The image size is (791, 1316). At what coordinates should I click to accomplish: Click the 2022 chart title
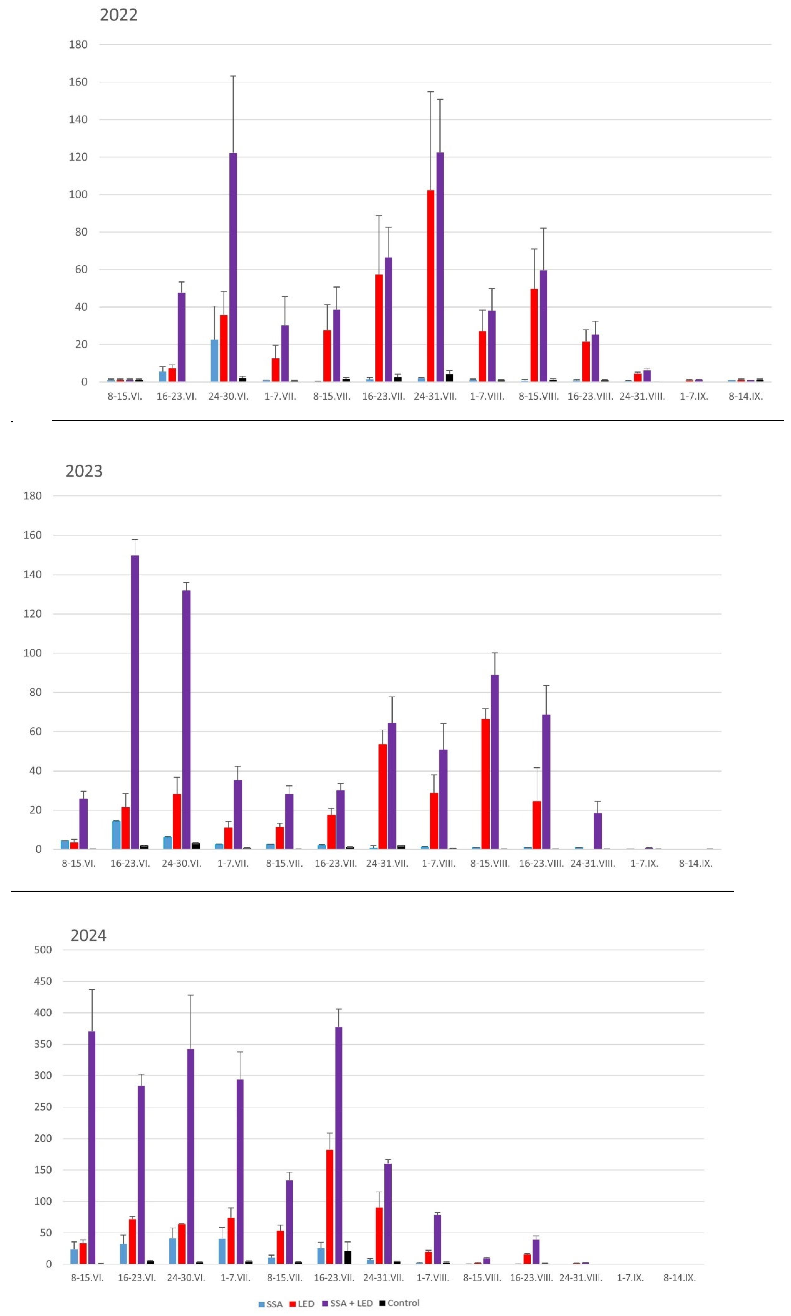(x=118, y=15)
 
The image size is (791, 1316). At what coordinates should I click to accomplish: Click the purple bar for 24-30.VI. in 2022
(x=233, y=267)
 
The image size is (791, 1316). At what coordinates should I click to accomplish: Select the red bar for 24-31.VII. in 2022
(x=431, y=285)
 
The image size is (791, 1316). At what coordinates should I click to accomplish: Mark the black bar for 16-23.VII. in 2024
(x=348, y=1257)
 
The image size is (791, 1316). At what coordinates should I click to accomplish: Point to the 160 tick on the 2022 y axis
(x=78, y=82)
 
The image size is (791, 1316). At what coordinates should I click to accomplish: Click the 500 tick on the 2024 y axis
(x=43, y=950)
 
